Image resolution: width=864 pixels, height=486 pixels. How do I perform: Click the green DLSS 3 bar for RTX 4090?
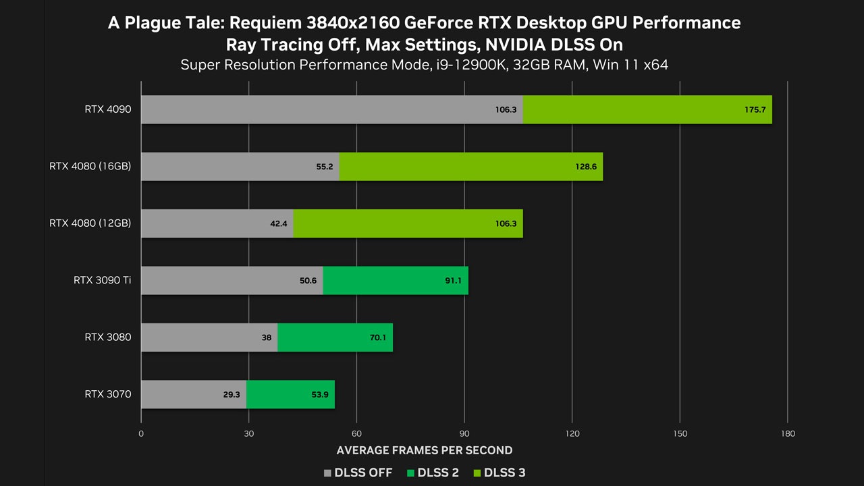tap(647, 109)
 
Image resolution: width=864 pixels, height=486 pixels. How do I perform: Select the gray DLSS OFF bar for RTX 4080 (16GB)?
tap(240, 166)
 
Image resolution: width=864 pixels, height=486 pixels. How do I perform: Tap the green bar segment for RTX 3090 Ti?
tap(396, 280)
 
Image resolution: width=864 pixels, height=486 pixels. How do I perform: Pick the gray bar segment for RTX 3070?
tap(194, 394)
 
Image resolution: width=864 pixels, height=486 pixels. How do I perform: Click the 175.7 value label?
tap(755, 109)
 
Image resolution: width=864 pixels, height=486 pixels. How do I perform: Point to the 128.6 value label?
tap(586, 167)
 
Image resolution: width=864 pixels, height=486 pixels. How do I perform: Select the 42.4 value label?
tap(279, 223)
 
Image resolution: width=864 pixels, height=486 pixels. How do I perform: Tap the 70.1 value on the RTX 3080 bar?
tap(377, 337)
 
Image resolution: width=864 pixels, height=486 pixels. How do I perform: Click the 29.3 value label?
tap(232, 395)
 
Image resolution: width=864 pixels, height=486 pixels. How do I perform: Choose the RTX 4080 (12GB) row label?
tap(90, 223)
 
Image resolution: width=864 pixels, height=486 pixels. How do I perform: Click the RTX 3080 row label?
tap(108, 337)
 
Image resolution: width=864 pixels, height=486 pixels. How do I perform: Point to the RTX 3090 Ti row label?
tap(102, 280)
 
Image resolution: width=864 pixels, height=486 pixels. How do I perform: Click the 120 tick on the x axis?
tap(572, 433)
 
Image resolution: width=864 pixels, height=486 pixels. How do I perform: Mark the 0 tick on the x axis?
tap(141, 433)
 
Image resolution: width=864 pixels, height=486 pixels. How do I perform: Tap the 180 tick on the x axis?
tap(788, 433)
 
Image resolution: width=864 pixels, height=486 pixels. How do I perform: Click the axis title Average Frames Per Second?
tap(425, 450)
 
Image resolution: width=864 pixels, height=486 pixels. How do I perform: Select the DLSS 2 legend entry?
tap(433, 473)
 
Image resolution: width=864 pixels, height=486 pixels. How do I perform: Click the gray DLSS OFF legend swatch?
tap(327, 473)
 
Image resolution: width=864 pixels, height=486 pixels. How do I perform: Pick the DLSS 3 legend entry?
tap(499, 473)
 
